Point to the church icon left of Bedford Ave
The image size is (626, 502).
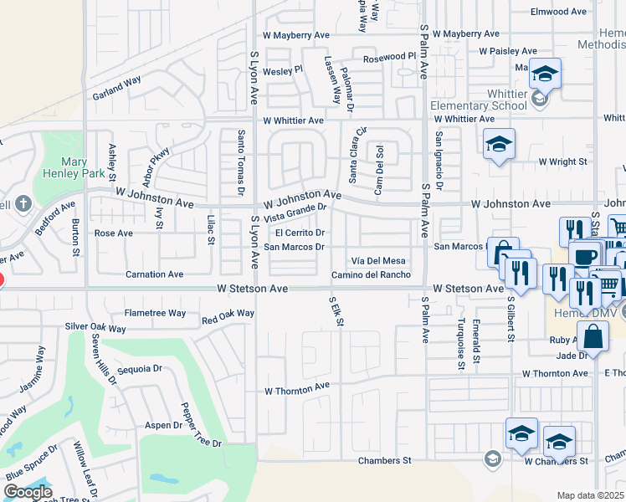pyautogui.click(x=23, y=203)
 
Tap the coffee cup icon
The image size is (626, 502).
pyautogui.click(x=585, y=255)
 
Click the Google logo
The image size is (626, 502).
pyautogui.click(x=28, y=492)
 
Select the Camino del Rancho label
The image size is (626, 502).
pyautogui.click(x=371, y=275)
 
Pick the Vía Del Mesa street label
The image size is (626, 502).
pyautogui.click(x=378, y=261)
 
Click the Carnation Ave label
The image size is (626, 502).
pyautogui.click(x=154, y=274)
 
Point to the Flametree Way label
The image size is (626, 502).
pyautogui.click(x=155, y=313)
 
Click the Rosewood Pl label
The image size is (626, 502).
pyautogui.click(x=388, y=57)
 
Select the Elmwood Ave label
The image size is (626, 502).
pyautogui.click(x=559, y=12)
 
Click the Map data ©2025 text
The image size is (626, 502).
pyautogui.click(x=590, y=495)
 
